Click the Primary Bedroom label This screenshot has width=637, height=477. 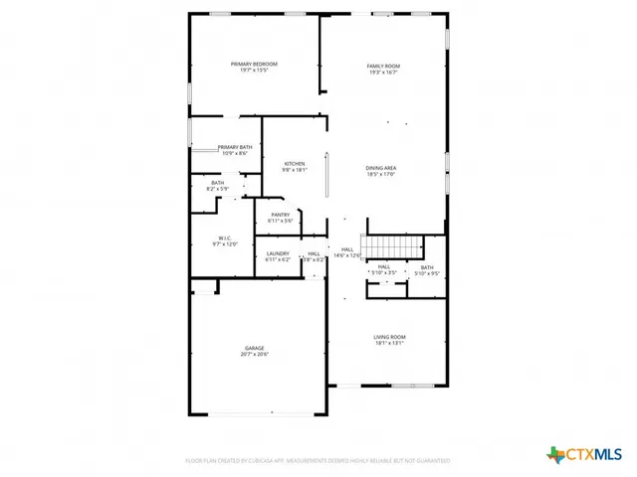tap(254, 65)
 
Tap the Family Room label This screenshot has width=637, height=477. tap(383, 66)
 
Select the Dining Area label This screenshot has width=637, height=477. tap(382, 168)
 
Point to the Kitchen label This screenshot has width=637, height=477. tap(295, 164)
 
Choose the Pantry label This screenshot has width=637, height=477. tap(280, 215)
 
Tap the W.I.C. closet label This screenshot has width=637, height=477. tap(226, 238)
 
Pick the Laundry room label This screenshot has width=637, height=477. tap(278, 253)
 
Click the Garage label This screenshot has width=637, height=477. tap(255, 348)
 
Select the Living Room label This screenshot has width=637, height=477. tap(389, 337)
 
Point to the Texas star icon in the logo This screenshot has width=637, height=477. tap(555, 455)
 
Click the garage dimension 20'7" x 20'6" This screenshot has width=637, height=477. tap(255, 355)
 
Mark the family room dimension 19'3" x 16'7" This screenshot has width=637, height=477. tap(383, 73)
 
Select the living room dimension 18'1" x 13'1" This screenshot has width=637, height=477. tap(389, 344)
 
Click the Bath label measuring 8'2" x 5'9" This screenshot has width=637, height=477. tap(217, 183)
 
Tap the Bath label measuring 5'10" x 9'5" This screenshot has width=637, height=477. tap(427, 266)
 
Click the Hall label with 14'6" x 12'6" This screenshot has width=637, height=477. tap(347, 249)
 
